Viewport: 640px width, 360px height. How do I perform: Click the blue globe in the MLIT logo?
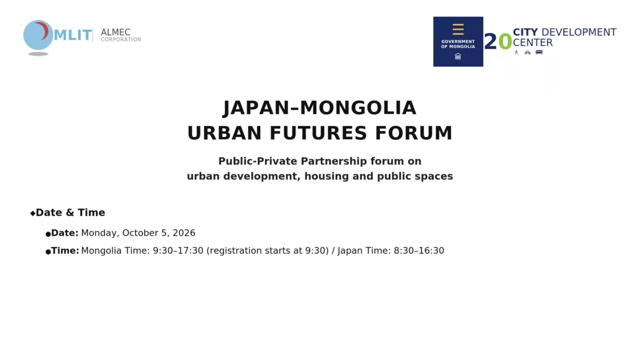38,35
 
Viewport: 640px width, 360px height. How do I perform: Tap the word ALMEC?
115,33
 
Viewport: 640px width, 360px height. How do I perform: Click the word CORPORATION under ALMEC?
121,39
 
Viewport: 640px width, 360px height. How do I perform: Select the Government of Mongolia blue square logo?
458,42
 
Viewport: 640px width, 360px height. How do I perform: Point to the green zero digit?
505,42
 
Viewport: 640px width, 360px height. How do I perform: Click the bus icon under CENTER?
539,52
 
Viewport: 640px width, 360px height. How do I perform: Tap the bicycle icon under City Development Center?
527,52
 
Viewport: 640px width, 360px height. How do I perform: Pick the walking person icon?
516,52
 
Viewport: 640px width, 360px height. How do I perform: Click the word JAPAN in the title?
257,108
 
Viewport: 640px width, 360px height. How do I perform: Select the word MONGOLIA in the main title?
358,108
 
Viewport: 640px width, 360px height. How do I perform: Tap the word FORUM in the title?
414,133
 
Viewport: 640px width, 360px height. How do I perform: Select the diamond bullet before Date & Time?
33,213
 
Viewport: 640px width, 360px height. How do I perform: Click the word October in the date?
140,233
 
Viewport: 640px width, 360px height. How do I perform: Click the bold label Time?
65,251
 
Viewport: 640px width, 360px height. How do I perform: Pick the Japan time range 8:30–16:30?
419,251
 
